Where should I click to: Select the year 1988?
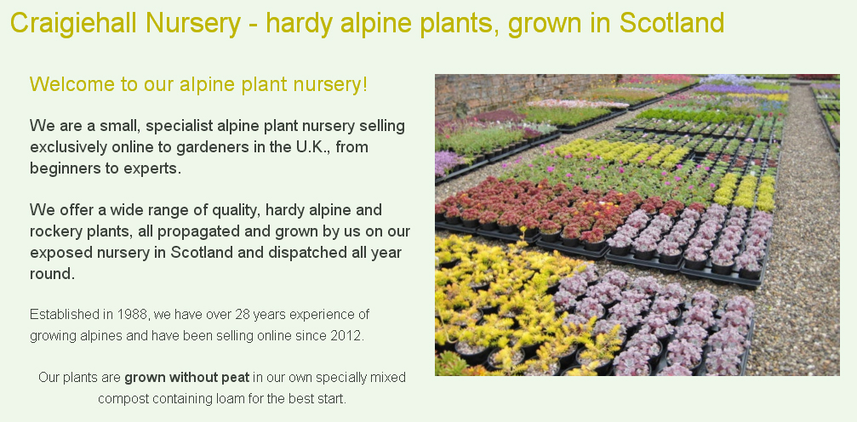132,314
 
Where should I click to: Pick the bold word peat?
235,378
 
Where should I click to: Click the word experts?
152,168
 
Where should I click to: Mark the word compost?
123,399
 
